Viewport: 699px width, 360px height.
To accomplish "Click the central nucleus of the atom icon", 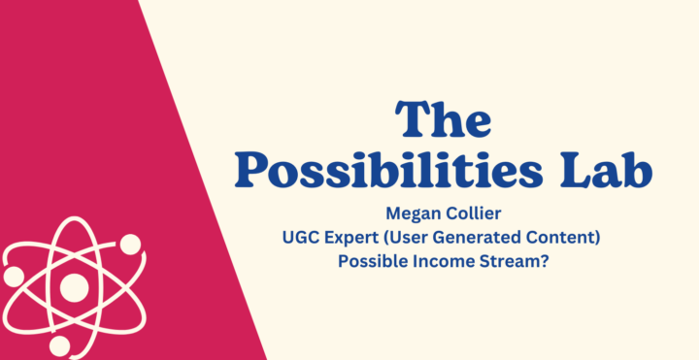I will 74,287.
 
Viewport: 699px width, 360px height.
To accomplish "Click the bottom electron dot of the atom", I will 61,346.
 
